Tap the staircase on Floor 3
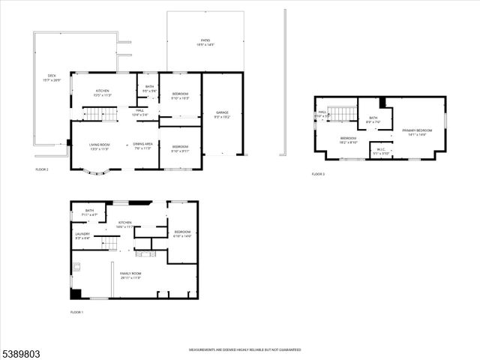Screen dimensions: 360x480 343,113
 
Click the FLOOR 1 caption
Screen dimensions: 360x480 77,312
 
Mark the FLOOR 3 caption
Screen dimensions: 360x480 319,174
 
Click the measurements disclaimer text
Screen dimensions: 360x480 244,349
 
